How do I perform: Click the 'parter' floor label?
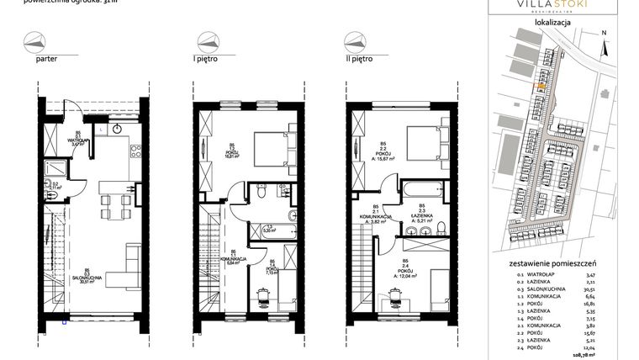[45, 61]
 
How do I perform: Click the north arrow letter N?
[604, 33]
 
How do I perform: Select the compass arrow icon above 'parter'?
[34, 40]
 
